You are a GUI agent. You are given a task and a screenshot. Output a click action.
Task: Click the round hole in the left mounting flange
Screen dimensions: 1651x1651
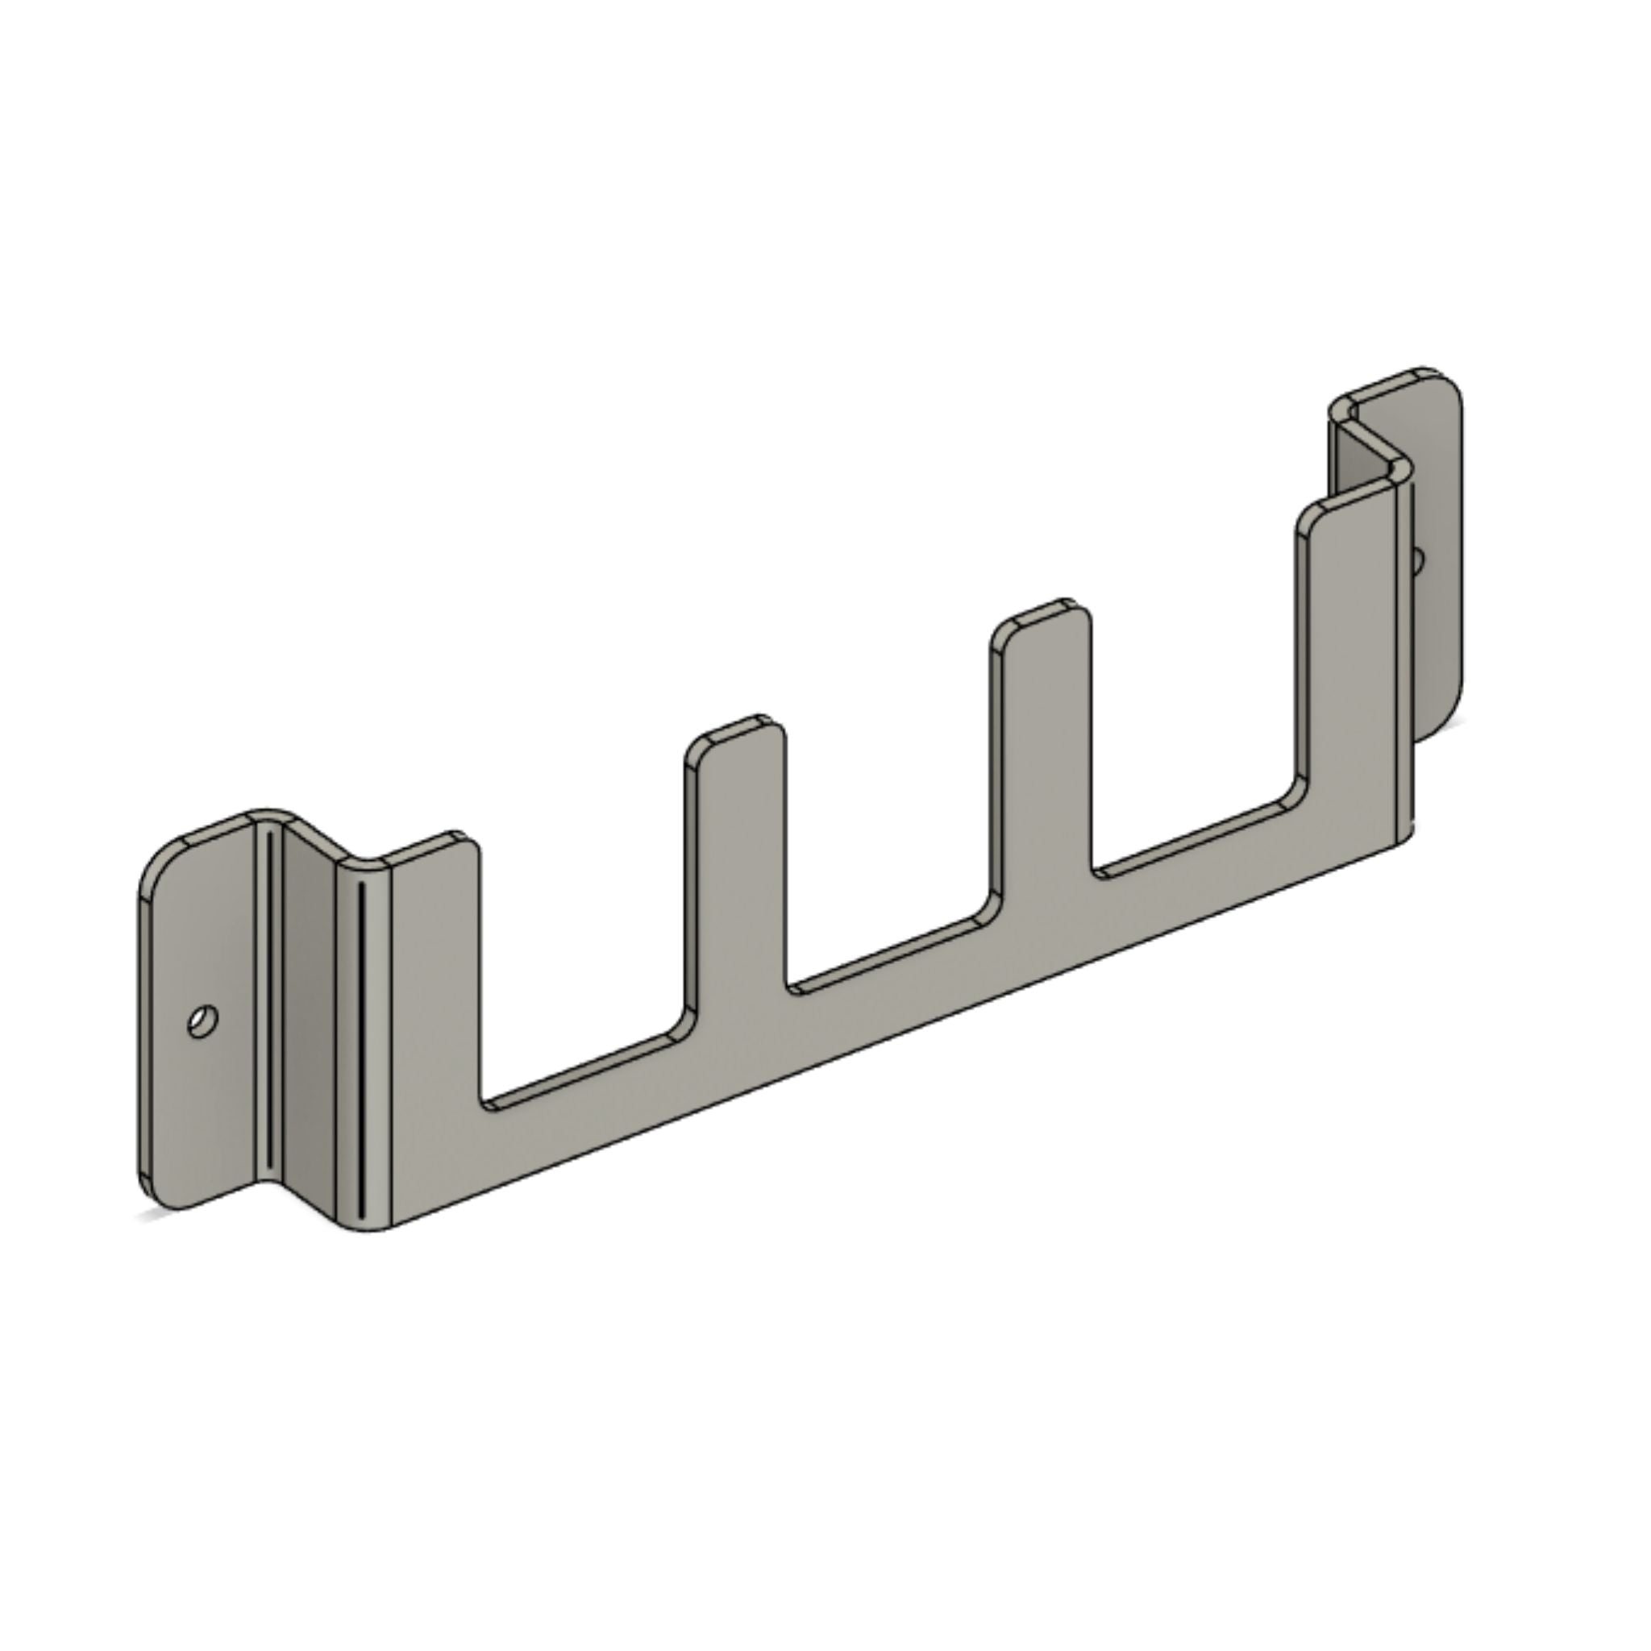tap(202, 1021)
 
